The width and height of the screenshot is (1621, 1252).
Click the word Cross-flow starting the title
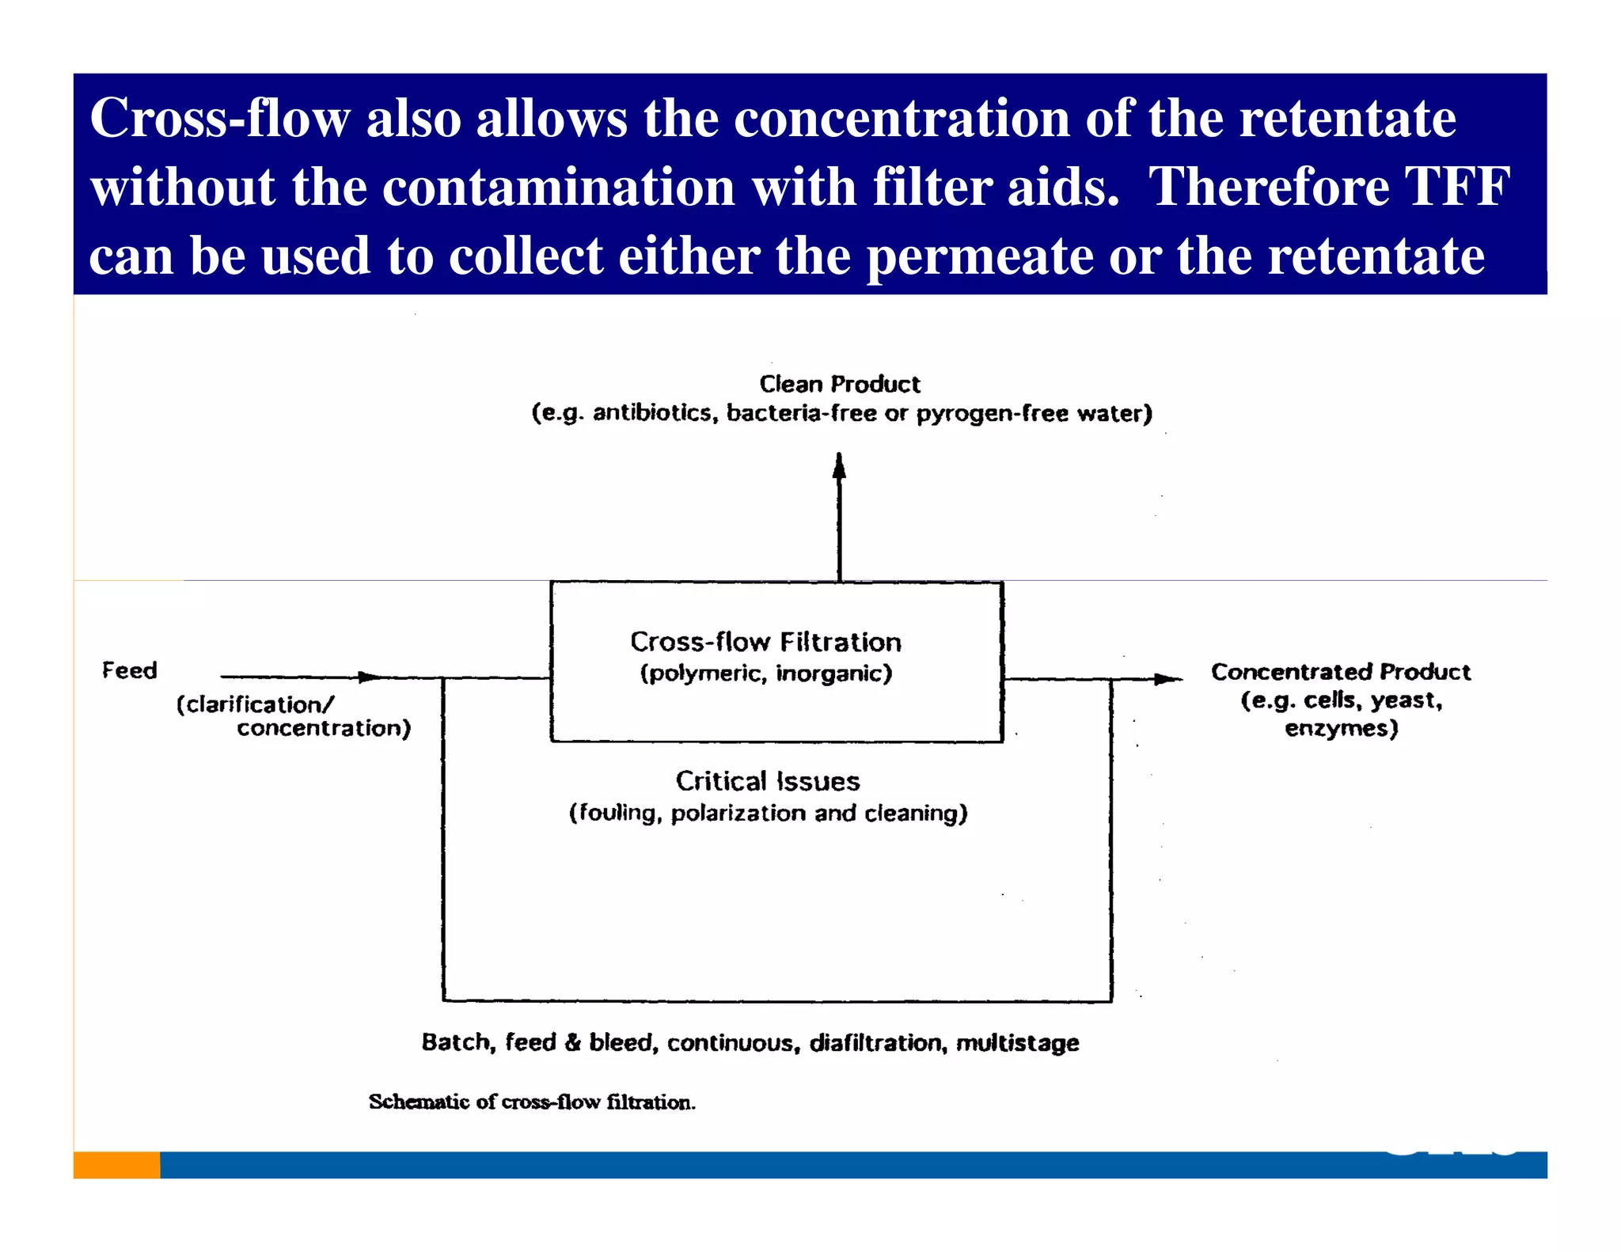tap(219, 119)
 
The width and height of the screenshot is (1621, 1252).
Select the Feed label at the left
tap(130, 671)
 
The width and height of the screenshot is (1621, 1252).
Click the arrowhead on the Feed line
tap(370, 677)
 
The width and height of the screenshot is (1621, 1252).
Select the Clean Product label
tap(840, 385)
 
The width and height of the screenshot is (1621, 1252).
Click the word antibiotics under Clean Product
tap(652, 413)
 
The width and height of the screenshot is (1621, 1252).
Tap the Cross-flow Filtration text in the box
tap(765, 642)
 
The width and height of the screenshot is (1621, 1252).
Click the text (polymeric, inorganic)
tap(765, 673)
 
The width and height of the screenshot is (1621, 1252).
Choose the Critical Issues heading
tap(767, 782)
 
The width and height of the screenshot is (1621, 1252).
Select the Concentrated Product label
tap(1341, 672)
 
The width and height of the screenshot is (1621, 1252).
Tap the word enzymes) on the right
tap(1341, 728)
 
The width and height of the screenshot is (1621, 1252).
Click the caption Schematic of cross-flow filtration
tap(532, 1102)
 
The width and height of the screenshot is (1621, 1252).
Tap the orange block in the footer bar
tap(116, 1165)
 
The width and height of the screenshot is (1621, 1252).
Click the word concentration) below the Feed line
tap(324, 728)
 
